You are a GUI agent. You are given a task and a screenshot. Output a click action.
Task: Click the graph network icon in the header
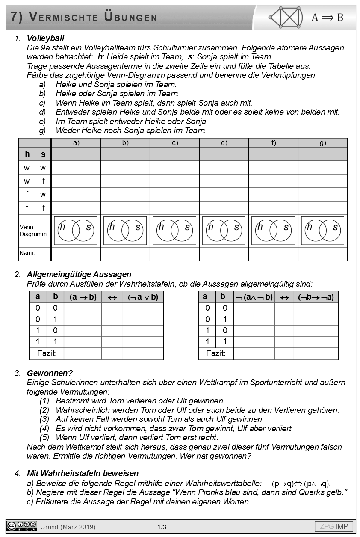(286, 17)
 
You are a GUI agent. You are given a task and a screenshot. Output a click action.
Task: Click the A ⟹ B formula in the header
(327, 18)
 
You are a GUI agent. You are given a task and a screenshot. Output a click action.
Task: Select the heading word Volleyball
(45, 39)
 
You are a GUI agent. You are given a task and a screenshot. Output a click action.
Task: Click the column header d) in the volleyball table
(224, 143)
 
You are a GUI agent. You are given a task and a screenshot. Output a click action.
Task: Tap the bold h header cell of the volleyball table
(27, 154)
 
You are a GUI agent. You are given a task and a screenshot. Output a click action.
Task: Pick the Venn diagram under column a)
(76, 231)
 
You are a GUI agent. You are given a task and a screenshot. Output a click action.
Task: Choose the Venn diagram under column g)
(322, 231)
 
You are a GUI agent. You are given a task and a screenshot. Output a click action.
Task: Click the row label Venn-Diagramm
(33, 231)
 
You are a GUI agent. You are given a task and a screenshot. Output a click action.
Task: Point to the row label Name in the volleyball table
(27, 253)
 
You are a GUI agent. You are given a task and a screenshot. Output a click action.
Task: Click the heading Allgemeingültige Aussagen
(79, 275)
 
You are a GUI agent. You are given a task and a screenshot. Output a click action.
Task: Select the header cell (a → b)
(83, 297)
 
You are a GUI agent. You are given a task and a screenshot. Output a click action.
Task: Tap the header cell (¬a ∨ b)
(142, 297)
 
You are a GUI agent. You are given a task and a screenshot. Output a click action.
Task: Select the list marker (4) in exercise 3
(44, 428)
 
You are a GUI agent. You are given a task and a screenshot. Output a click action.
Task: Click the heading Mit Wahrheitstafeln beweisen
(83, 474)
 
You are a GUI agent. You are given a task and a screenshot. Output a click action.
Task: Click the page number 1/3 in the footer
(162, 527)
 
